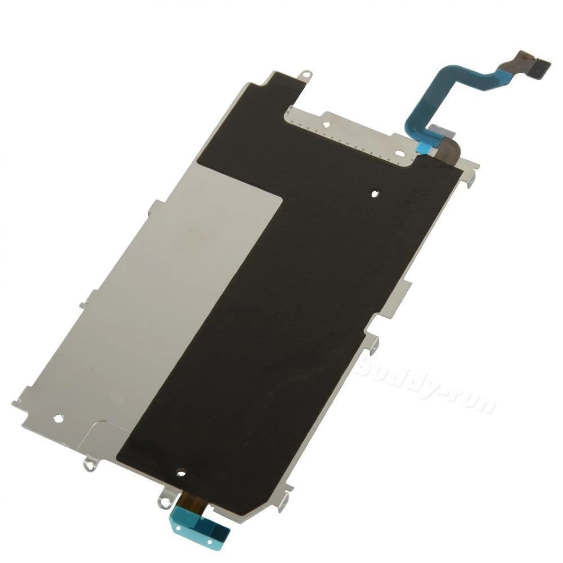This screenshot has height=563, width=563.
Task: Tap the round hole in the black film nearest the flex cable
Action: [x=374, y=194]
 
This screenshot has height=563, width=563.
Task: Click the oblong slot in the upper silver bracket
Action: [x=401, y=153]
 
